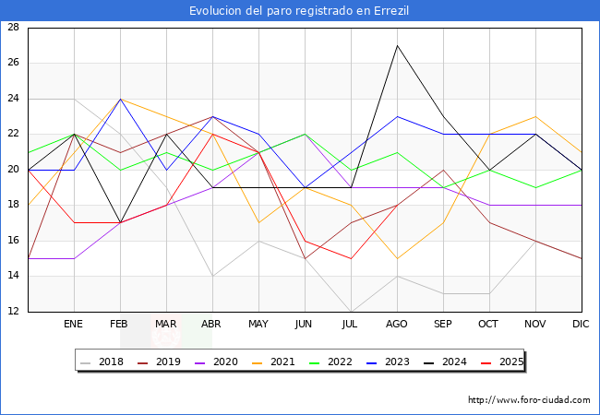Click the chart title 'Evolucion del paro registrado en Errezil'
point(299,11)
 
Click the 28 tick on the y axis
point(14,28)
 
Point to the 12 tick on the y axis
point(14,312)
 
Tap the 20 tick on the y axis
point(14,170)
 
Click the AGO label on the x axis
point(397,325)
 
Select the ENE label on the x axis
point(74,325)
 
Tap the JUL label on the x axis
point(351,325)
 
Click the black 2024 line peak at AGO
point(397,45)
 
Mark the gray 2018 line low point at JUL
point(351,312)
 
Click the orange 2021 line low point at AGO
point(397,258)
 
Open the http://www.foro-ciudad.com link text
point(529,400)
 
